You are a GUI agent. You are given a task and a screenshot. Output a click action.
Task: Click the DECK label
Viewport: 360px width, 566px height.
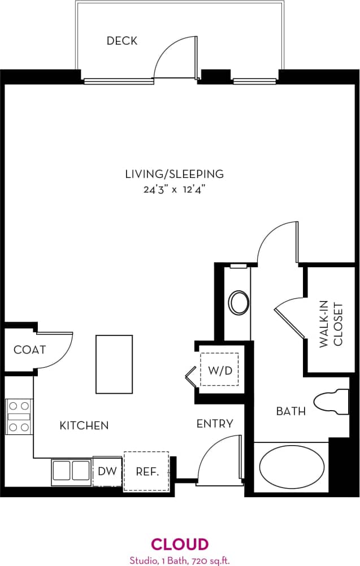pyautogui.click(x=122, y=41)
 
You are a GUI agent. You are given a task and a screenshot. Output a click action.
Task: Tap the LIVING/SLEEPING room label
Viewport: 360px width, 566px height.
pyautogui.click(x=174, y=174)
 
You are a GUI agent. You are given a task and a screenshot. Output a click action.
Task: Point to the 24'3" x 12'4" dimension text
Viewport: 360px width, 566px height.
pyautogui.click(x=174, y=190)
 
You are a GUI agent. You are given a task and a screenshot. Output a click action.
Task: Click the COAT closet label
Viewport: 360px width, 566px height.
pyautogui.click(x=29, y=350)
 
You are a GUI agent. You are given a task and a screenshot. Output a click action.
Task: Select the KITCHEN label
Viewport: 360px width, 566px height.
pyautogui.click(x=84, y=425)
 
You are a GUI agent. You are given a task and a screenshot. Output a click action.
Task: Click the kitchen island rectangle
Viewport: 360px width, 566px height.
pyautogui.click(x=114, y=364)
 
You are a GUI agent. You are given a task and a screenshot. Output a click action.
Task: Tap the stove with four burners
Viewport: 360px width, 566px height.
pyautogui.click(x=18, y=416)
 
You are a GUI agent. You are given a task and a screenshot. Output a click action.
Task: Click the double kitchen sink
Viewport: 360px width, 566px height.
pyautogui.click(x=71, y=471)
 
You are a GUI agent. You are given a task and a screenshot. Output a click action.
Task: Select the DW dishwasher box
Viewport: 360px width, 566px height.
pyautogui.click(x=107, y=471)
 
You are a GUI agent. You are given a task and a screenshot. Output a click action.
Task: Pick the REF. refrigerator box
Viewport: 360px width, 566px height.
pyautogui.click(x=146, y=471)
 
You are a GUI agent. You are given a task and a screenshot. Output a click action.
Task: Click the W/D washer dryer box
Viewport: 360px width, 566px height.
pyautogui.click(x=220, y=371)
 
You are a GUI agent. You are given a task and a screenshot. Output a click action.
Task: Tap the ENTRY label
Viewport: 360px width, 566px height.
pyautogui.click(x=214, y=424)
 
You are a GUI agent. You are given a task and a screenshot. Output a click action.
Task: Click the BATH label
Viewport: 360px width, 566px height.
pyautogui.click(x=290, y=411)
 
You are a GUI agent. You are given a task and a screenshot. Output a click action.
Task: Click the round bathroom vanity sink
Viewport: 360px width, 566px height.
pyautogui.click(x=239, y=303)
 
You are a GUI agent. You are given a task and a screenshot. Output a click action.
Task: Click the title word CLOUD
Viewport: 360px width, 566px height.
pyautogui.click(x=180, y=545)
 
